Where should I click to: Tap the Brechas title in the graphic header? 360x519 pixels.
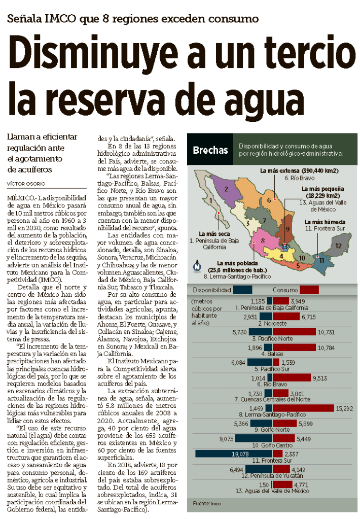click(210, 150)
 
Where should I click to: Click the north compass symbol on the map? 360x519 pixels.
click(198, 265)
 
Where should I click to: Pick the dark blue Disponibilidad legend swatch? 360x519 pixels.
click(243, 289)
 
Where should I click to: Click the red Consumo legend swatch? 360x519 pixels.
click(309, 289)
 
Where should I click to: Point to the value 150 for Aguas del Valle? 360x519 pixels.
click(264, 485)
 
